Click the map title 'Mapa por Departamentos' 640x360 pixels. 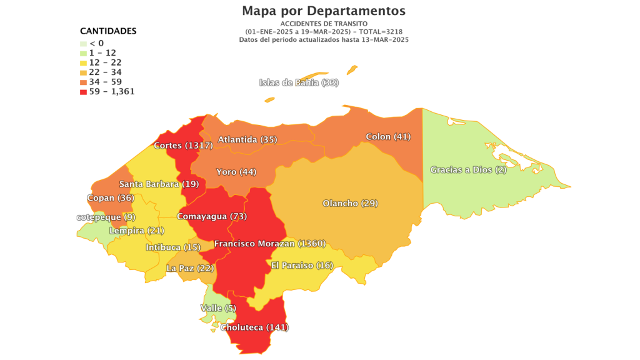323,11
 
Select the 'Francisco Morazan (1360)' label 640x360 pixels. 269,243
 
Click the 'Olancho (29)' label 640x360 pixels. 350,203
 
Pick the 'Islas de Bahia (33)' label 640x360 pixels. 299,82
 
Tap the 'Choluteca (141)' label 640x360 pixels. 259,327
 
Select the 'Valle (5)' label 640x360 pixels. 218,307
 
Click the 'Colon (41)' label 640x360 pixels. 387,136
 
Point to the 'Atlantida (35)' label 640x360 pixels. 247,139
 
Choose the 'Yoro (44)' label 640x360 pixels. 236,171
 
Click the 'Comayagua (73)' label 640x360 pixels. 212,216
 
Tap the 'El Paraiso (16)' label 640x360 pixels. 302,265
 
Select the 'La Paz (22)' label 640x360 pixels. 190,268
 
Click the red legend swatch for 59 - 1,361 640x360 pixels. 83,92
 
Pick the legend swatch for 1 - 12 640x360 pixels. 83,53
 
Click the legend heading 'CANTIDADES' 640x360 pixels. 108,31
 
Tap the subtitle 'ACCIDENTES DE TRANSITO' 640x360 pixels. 323,23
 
